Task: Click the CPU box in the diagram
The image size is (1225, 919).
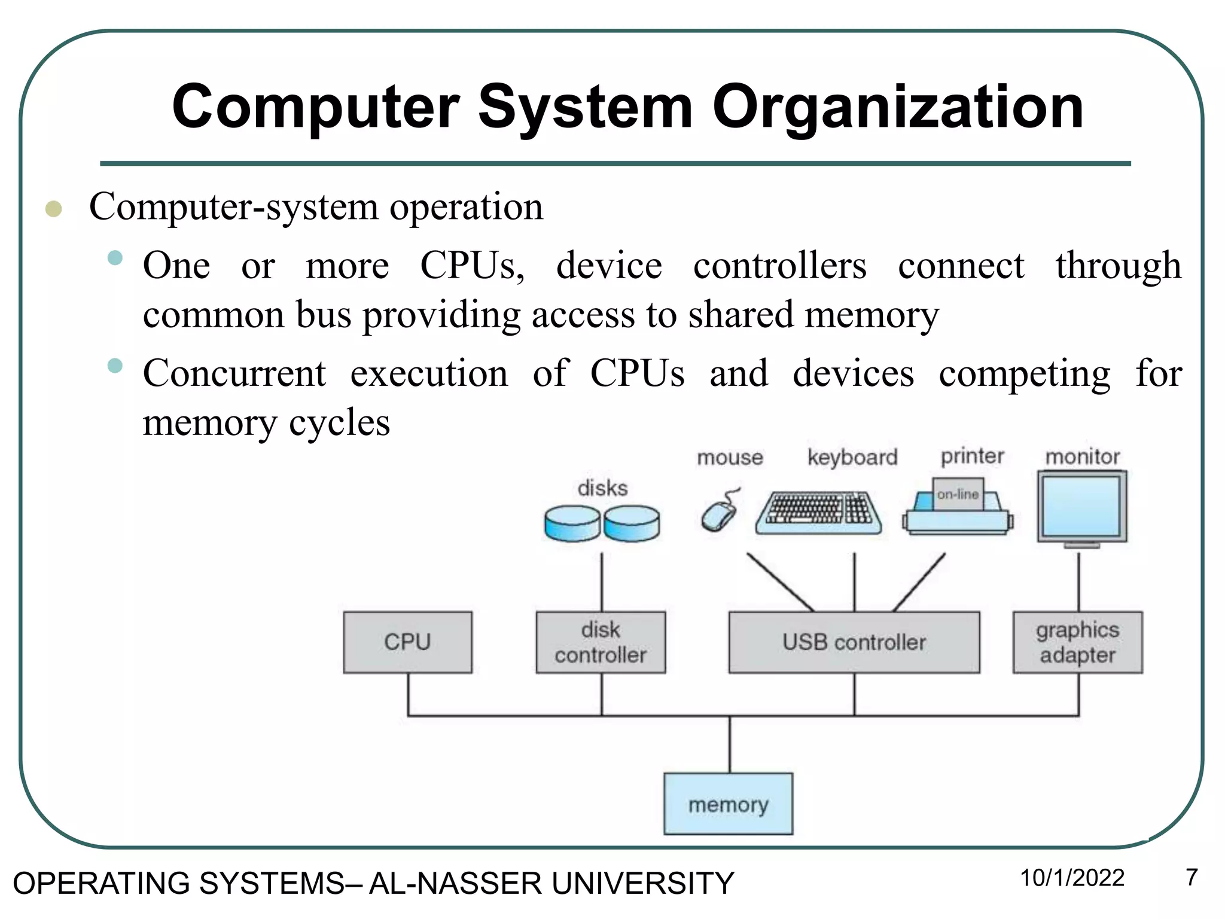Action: click(x=407, y=642)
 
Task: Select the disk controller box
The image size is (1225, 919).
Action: click(x=601, y=642)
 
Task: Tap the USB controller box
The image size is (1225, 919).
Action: click(x=854, y=642)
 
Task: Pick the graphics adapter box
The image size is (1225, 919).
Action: click(x=1077, y=642)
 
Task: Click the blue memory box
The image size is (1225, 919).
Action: click(x=728, y=804)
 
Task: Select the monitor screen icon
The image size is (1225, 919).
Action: click(x=1081, y=506)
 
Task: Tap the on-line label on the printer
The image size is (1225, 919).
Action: click(x=958, y=494)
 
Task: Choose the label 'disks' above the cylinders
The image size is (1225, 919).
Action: click(x=602, y=488)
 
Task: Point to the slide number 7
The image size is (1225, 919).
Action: click(x=1192, y=877)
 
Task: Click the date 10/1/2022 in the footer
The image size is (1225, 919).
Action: click(x=1072, y=878)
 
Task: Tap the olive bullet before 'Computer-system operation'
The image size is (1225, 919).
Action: click(x=54, y=209)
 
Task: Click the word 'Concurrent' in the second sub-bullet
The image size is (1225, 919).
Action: click(x=234, y=373)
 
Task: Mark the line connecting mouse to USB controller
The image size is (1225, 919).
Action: click(x=780, y=582)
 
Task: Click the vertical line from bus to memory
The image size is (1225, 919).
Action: click(x=729, y=744)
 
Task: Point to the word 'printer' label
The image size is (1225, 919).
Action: click(x=972, y=456)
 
